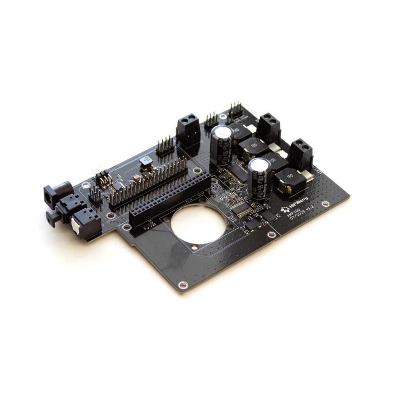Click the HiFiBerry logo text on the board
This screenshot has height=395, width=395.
click(x=297, y=208)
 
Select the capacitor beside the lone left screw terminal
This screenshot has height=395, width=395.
click(x=221, y=143)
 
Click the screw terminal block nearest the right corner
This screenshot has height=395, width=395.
click(x=301, y=154)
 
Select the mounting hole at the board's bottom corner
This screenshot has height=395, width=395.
click(x=181, y=285)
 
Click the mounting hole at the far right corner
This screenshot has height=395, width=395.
click(x=326, y=204)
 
